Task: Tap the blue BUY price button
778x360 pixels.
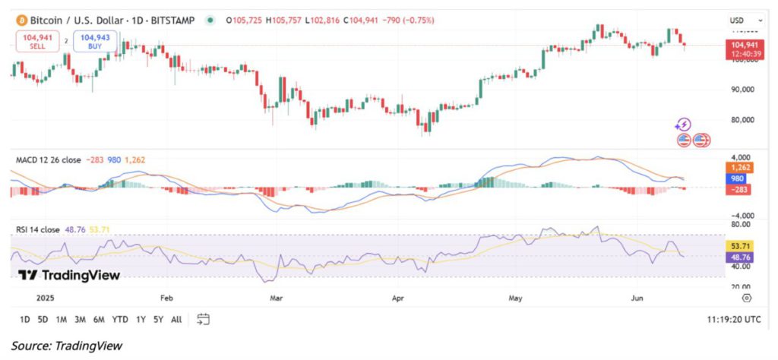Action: click(x=94, y=40)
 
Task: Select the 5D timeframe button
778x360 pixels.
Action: click(x=43, y=319)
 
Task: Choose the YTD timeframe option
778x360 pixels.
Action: click(x=119, y=319)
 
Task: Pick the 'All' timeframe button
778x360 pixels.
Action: click(x=176, y=319)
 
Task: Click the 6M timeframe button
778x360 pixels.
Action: click(x=98, y=319)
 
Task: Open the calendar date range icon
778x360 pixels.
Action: click(x=203, y=319)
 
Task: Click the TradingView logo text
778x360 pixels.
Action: click(x=68, y=275)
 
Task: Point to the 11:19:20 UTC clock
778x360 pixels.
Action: click(x=732, y=320)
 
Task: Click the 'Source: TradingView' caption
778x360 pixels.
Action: click(x=66, y=346)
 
